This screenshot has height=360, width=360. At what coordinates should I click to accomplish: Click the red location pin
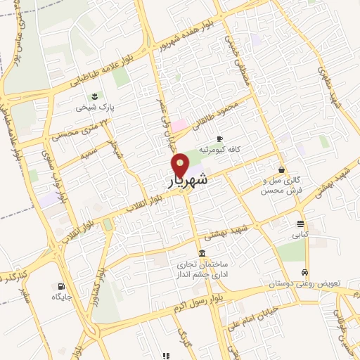pyautogui.click(x=181, y=165)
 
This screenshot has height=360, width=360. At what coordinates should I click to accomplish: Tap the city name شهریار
pyautogui.click(x=188, y=181)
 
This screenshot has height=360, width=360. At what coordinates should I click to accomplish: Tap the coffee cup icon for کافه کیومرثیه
pyautogui.click(x=220, y=138)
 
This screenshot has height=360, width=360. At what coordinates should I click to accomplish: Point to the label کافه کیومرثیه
pyautogui.click(x=220, y=150)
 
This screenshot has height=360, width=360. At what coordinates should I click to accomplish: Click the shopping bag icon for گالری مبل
pyautogui.click(x=281, y=169)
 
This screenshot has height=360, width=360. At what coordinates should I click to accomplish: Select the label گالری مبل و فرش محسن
pyautogui.click(x=281, y=185)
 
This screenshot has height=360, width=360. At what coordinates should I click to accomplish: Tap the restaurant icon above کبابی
pyautogui.click(x=300, y=225)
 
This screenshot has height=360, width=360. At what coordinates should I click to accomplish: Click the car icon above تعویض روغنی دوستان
pyautogui.click(x=304, y=272)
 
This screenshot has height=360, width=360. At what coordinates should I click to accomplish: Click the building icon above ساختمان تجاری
pyautogui.click(x=202, y=253)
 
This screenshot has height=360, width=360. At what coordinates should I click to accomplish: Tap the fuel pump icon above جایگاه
pyautogui.click(x=62, y=286)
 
